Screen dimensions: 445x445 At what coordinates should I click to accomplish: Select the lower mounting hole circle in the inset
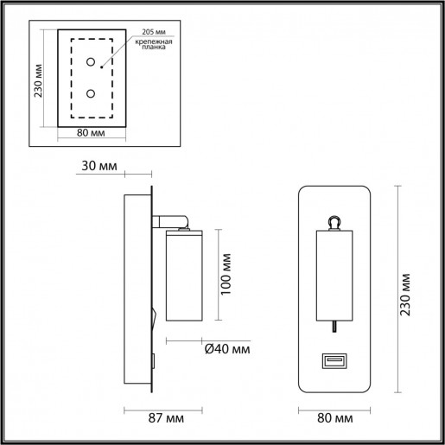tap(90, 93)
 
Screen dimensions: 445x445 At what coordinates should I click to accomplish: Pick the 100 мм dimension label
tap(227, 274)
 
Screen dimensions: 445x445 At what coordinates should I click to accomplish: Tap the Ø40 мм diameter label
tap(228, 348)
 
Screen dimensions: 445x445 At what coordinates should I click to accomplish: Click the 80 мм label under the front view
tap(334, 419)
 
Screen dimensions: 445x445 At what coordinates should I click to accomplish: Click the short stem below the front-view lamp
tap(335, 325)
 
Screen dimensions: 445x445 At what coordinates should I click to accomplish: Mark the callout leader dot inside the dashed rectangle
tap(101, 66)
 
